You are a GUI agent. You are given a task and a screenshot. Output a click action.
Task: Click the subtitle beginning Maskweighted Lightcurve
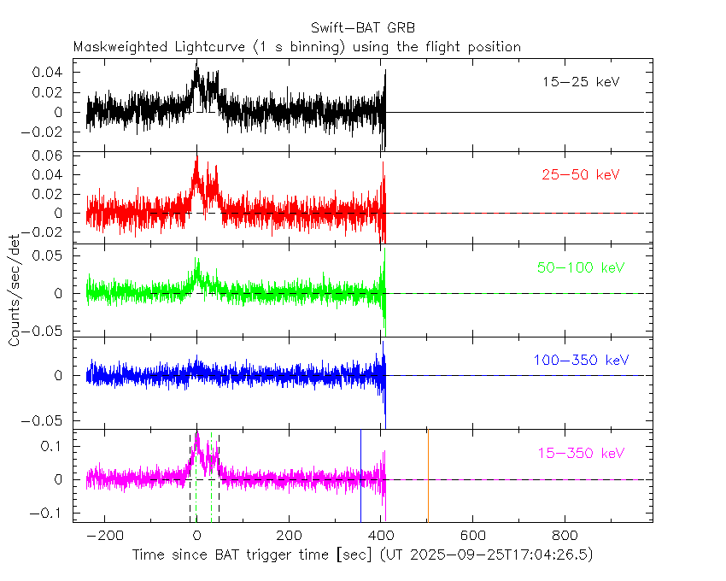(297, 47)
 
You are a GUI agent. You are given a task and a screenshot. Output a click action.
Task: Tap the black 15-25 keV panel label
(581, 83)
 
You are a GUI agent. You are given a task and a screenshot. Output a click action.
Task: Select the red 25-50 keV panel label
(581, 175)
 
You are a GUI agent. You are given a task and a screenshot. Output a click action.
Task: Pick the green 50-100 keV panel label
(582, 267)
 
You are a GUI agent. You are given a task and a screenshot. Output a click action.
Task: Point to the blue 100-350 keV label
(582, 361)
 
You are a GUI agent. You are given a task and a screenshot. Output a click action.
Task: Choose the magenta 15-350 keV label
(582, 453)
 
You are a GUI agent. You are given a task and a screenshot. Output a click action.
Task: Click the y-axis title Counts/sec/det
(15, 290)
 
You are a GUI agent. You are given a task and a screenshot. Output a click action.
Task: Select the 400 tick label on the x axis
(380, 535)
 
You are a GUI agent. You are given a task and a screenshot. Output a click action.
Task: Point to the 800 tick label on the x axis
(564, 535)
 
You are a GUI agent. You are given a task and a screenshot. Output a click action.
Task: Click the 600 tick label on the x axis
(472, 535)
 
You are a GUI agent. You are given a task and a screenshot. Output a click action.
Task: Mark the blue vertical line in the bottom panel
(360, 474)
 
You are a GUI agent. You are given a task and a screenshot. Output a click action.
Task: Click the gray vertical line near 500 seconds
(428, 474)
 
